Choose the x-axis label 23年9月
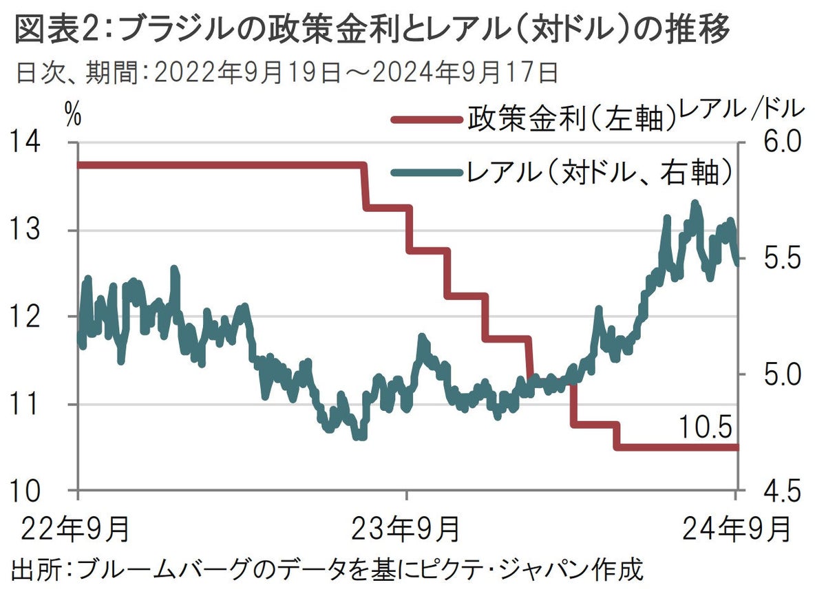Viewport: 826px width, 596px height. click(406, 530)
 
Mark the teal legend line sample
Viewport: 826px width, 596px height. click(427, 173)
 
